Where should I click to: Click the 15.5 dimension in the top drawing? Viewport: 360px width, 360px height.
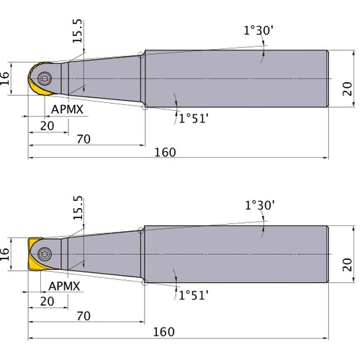pyautogui.click(x=77, y=31)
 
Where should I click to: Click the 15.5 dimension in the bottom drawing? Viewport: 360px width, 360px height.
pyautogui.click(x=78, y=208)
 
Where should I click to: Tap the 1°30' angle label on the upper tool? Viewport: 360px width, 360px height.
pyautogui.click(x=258, y=30)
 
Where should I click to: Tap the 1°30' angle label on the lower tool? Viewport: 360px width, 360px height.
pyautogui.click(x=260, y=205)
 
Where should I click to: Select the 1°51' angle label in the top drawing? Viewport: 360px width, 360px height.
pyautogui.click(x=194, y=119)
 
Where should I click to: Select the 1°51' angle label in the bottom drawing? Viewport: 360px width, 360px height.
pyautogui.click(x=194, y=295)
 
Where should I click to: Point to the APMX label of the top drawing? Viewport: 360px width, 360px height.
pyautogui.click(x=67, y=109)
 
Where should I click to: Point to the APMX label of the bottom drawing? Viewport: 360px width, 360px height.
pyautogui.click(x=64, y=286)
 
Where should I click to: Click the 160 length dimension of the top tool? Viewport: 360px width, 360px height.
pyautogui.click(x=165, y=153)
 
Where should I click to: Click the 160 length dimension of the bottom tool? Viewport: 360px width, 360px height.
pyautogui.click(x=164, y=332)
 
